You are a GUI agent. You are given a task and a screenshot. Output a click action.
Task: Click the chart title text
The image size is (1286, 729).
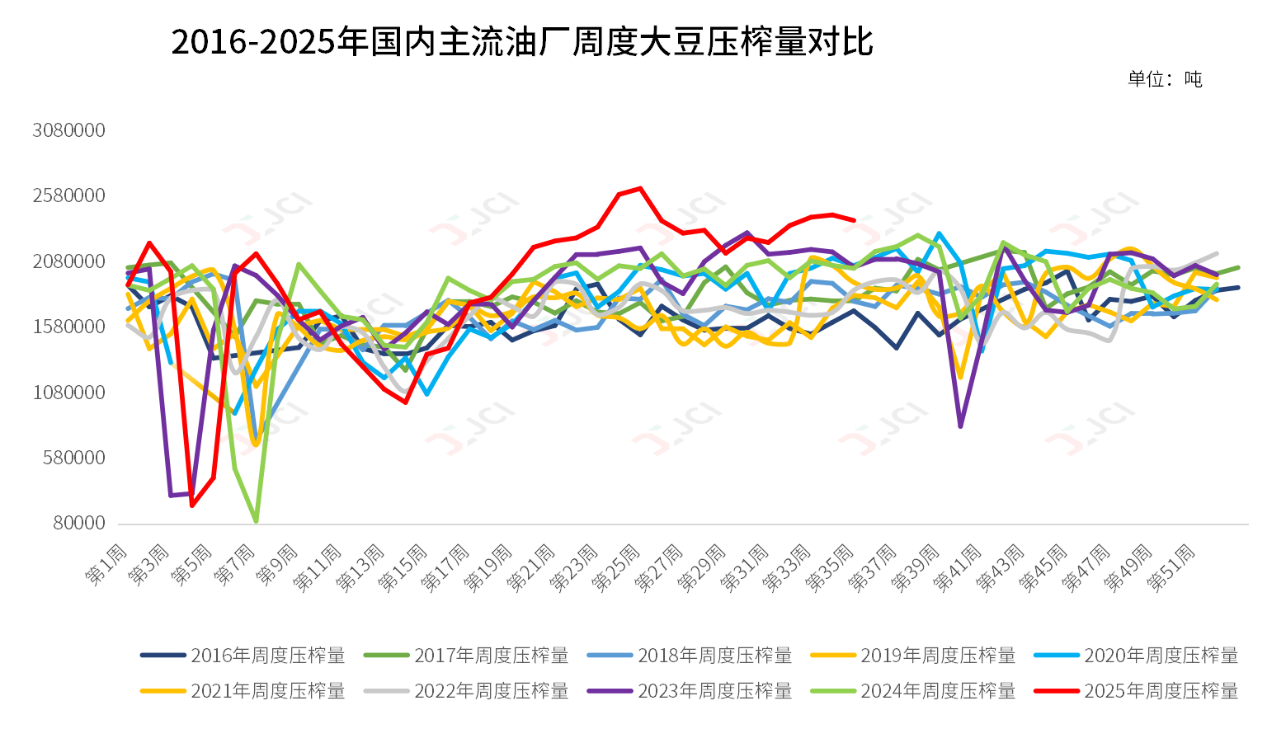tap(521, 42)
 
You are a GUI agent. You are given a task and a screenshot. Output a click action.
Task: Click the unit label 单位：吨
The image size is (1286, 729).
tap(1165, 79)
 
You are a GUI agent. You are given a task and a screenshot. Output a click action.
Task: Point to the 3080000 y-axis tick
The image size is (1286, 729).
tap(69, 130)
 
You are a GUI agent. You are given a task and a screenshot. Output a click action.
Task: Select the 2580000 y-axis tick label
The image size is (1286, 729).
tap(69, 195)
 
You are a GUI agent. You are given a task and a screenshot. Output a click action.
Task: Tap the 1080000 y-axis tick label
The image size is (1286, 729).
tap(69, 393)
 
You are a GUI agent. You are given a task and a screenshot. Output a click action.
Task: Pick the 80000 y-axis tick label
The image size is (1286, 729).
tap(74, 523)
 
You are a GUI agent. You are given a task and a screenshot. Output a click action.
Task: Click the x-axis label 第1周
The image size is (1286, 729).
tap(108, 564)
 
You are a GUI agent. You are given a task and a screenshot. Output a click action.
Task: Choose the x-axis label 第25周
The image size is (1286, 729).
tap(616, 567)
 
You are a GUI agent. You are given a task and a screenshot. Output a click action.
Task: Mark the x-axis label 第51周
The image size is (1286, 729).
tap(1172, 567)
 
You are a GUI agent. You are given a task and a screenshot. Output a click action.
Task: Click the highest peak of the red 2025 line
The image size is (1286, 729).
tap(640, 189)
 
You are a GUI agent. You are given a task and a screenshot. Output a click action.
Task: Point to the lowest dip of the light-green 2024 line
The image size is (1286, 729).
tap(256, 521)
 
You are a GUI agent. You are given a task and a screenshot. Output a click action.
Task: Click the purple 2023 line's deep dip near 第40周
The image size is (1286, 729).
tap(960, 426)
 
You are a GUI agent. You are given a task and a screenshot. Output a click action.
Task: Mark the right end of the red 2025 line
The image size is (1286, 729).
tap(854, 220)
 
